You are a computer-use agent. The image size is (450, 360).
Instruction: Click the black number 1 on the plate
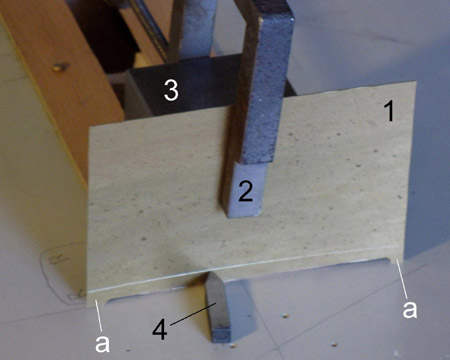pos(389,111)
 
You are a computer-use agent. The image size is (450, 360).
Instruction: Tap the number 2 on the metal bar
pos(246,191)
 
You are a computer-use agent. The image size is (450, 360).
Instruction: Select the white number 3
pos(171,90)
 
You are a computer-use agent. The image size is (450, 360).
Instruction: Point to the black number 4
pos(160,329)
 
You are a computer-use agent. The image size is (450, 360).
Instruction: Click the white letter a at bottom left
pos(102,343)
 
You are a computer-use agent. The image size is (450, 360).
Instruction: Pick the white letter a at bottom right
pos(409,309)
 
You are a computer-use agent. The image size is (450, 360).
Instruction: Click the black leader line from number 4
pos(194,313)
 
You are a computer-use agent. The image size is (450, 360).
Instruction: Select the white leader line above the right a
pos(402,279)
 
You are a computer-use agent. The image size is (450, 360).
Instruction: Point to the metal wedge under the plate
pos(218,308)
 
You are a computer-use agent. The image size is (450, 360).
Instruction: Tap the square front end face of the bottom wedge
pos(221,335)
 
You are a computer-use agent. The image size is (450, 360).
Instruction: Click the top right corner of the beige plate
pos(416,82)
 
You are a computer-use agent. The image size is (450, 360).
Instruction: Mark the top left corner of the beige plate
pos(90,128)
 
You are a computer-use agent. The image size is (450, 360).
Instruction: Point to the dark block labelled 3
pos(187,87)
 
